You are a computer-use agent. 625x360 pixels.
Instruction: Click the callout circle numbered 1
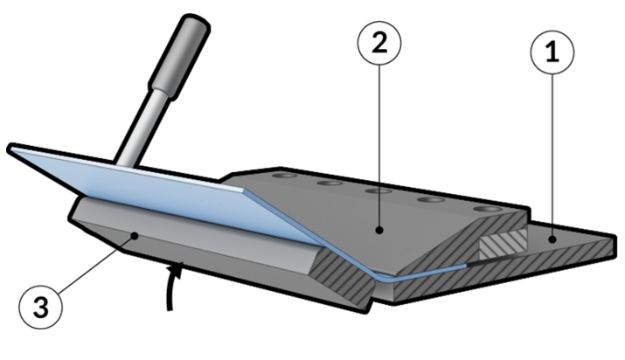552,52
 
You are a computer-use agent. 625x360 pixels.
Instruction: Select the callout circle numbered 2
379,43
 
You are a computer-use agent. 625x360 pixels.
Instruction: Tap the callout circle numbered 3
41,307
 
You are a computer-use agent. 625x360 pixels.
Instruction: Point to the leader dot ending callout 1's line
552,239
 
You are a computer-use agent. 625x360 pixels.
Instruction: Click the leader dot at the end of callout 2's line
379,230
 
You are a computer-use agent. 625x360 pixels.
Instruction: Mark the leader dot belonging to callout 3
135,236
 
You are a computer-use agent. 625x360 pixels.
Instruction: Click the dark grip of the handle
179,56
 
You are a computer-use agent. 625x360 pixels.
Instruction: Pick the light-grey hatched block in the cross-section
503,245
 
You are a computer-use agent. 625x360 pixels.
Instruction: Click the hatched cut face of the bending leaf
343,274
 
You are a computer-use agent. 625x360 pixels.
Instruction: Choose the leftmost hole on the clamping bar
283,176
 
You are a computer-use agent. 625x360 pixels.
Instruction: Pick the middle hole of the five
378,191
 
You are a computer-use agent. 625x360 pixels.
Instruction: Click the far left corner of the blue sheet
10,149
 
